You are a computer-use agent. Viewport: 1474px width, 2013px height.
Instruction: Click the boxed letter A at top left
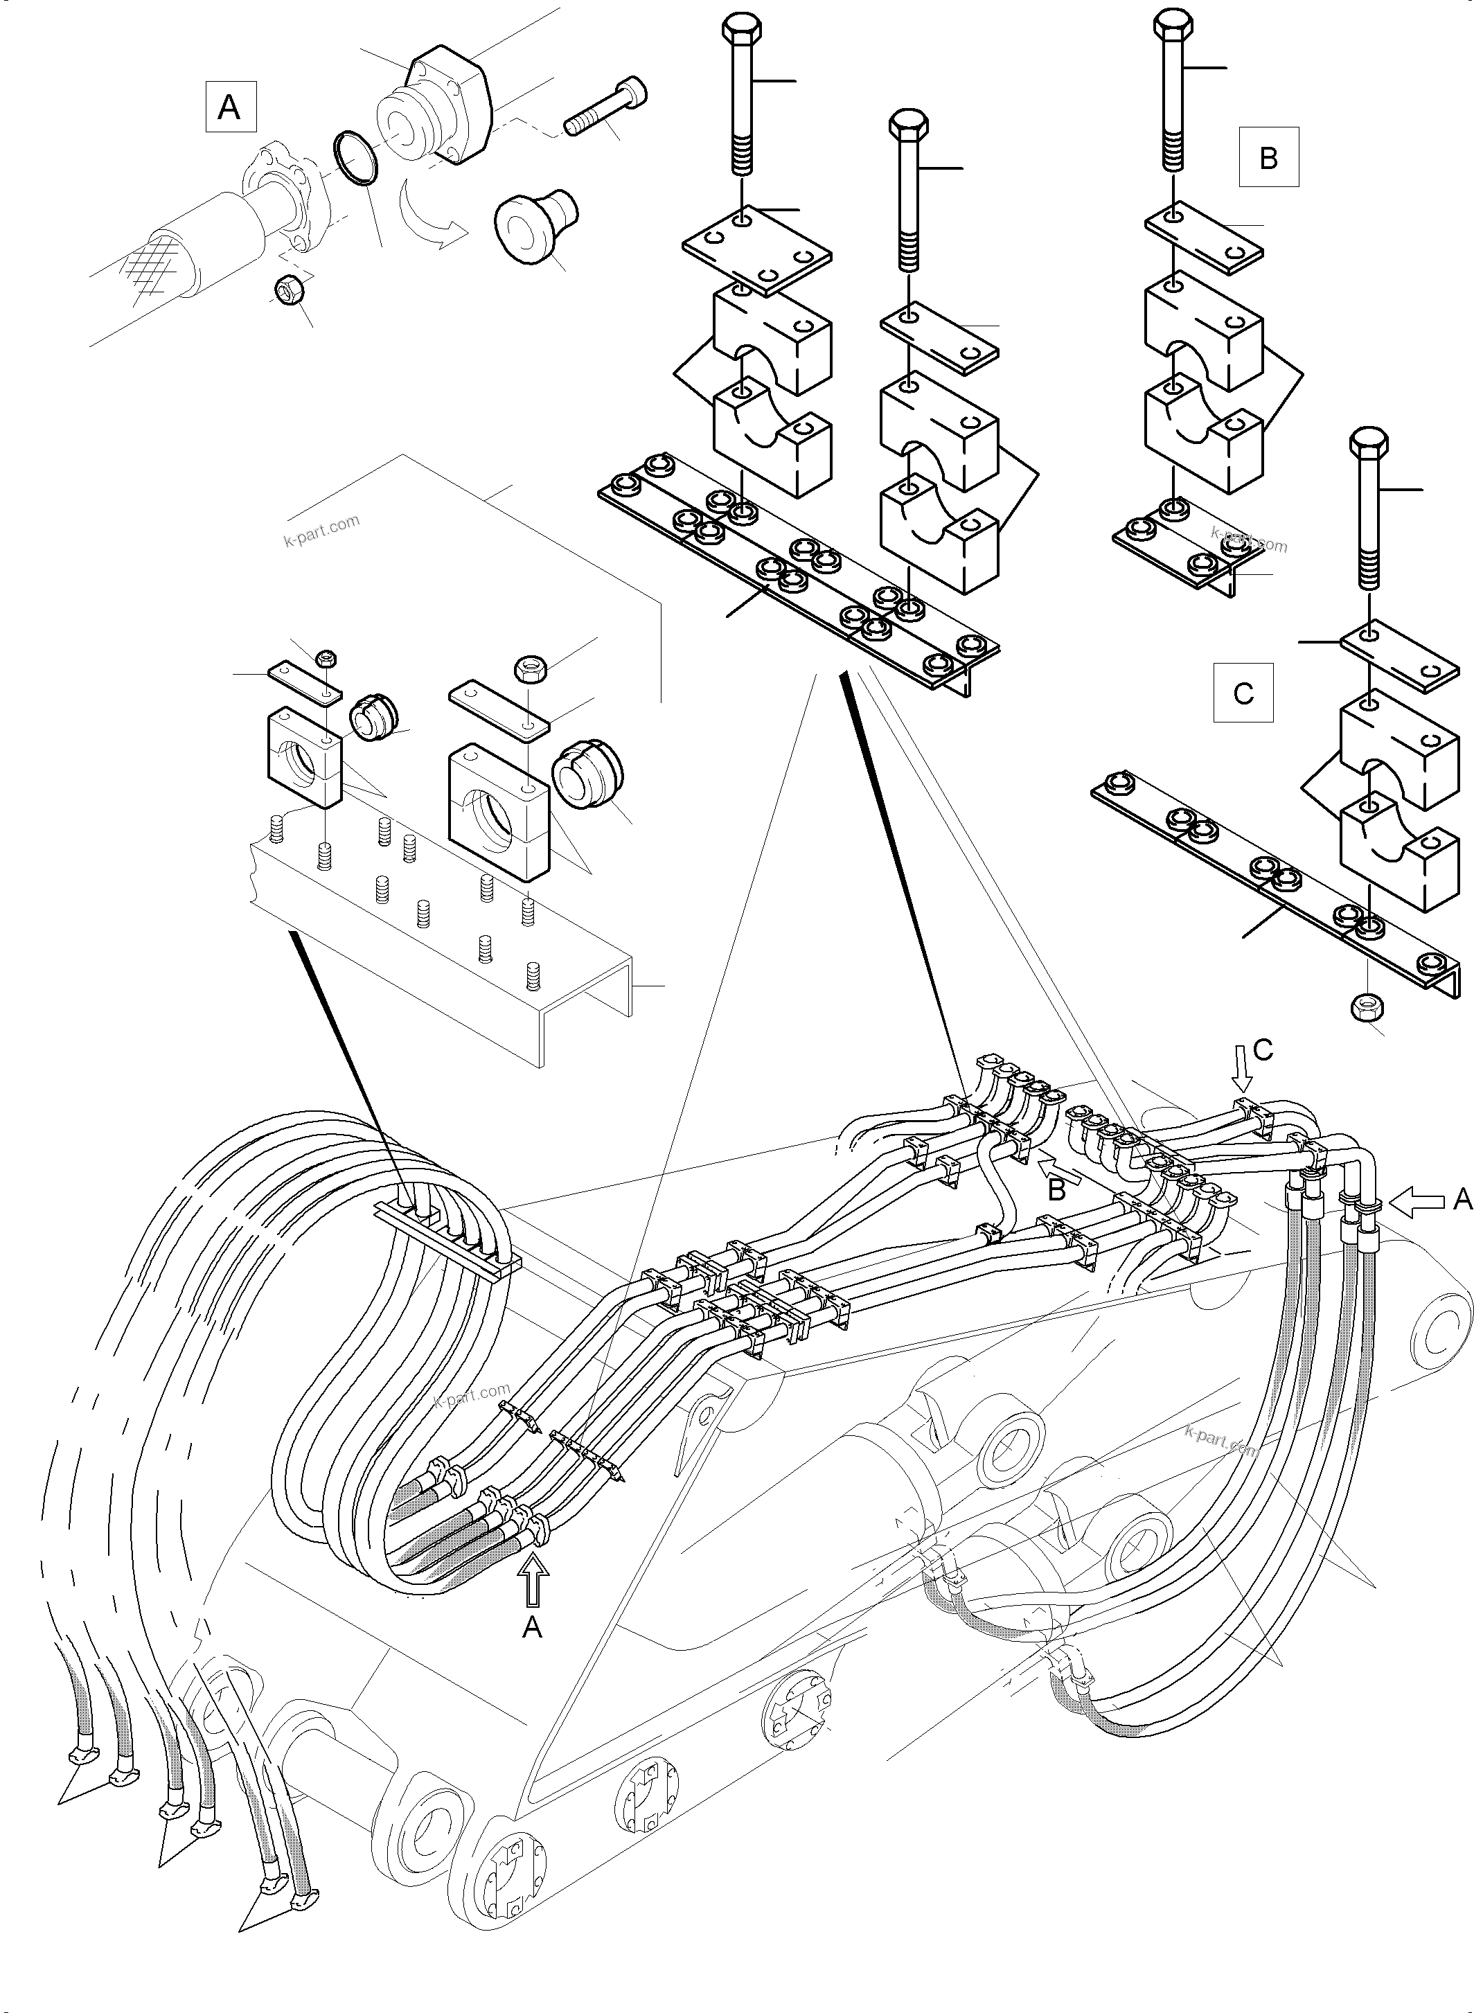pyautogui.click(x=229, y=107)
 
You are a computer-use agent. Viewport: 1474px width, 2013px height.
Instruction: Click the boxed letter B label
pyautogui.click(x=1268, y=157)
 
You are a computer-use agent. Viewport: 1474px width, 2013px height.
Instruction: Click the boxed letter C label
pyautogui.click(x=1243, y=693)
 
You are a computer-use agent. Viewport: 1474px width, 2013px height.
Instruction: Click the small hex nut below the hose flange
pyautogui.click(x=291, y=290)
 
